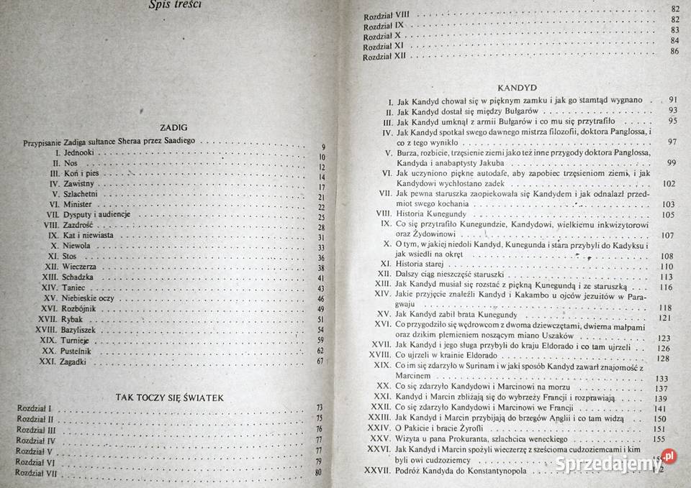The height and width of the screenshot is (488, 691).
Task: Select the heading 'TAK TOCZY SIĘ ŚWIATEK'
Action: pyautogui.click(x=171, y=397)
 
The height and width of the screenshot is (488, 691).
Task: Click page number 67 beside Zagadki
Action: pyautogui.click(x=321, y=362)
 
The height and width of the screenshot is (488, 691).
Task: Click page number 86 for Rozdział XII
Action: pyautogui.click(x=674, y=52)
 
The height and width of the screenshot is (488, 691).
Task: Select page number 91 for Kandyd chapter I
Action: pyautogui.click(x=674, y=99)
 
